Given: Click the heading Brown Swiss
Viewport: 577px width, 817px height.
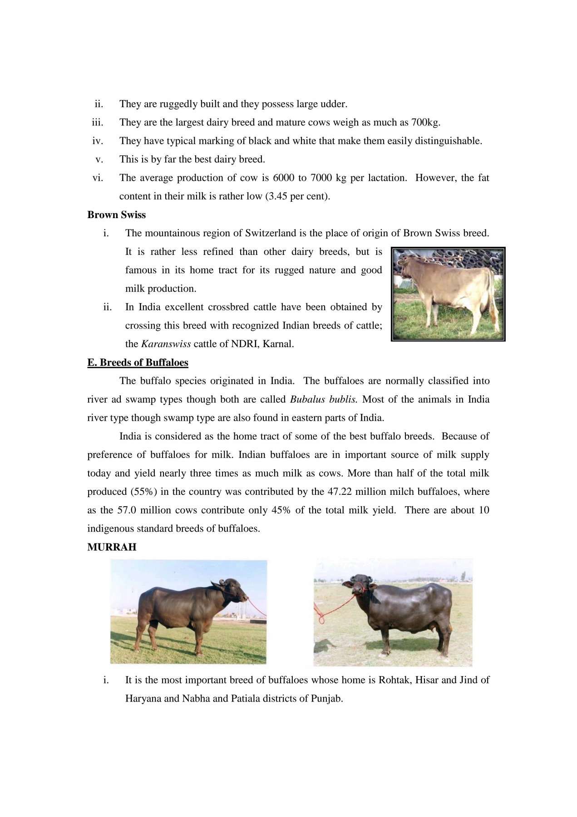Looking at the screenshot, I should (x=116, y=215).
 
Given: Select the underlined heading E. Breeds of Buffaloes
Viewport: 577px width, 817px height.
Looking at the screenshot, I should (x=138, y=363).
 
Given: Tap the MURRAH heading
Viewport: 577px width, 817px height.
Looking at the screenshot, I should (x=112, y=547).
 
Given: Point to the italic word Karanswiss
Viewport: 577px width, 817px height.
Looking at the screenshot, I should (x=166, y=344).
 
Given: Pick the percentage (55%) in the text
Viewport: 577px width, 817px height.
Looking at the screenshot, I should (x=144, y=492).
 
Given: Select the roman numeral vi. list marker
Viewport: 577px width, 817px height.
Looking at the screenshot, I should (x=98, y=178).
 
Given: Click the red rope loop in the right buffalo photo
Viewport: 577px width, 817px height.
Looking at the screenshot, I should (x=320, y=618).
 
